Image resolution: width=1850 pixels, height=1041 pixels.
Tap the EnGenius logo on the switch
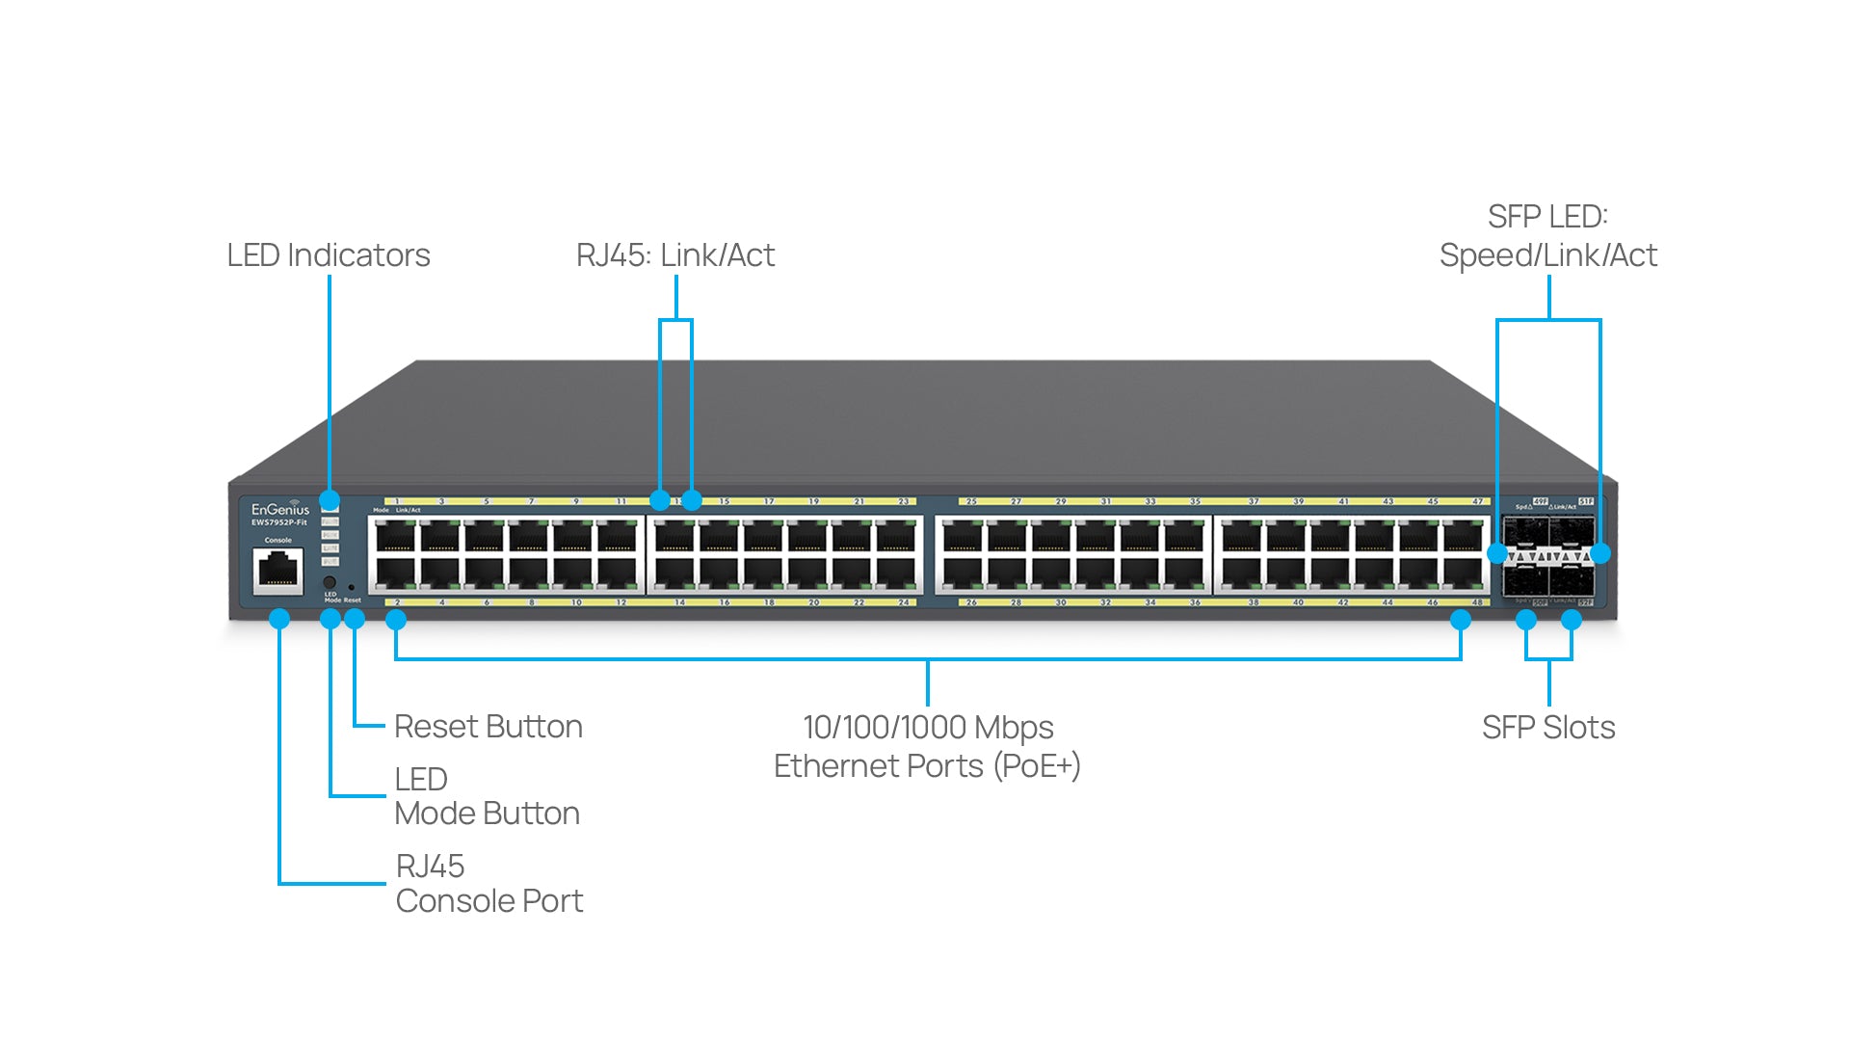pyautogui.click(x=280, y=509)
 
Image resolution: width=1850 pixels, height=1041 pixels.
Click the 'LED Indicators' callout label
pyautogui.click(x=328, y=255)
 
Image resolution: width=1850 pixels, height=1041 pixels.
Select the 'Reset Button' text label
pyautogui.click(x=488, y=727)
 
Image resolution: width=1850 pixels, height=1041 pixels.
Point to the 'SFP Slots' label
pyautogui.click(x=1547, y=728)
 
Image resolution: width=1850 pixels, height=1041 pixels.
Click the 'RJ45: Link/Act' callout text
pyautogui.click(x=674, y=255)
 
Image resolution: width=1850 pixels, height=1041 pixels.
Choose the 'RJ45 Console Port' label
pyautogui.click(x=489, y=884)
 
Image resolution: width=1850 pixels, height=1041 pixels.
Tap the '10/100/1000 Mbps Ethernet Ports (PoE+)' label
pyautogui.click(x=927, y=747)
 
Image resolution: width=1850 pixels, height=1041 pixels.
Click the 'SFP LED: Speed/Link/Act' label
pyautogui.click(x=1547, y=236)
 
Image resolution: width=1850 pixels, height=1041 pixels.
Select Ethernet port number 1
pyautogui.click(x=395, y=535)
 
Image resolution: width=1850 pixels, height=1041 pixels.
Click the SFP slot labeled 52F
pyautogui.click(x=1572, y=580)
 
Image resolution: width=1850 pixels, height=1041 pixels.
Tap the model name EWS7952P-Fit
pyautogui.click(x=279, y=523)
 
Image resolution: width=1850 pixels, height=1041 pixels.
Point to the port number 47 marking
pyautogui.click(x=1477, y=502)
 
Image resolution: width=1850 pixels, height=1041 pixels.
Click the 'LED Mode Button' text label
pyautogui.click(x=487, y=797)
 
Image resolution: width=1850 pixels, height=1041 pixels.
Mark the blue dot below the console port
pyautogui.click(x=279, y=619)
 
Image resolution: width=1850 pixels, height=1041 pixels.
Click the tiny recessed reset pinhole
pyautogui.click(x=351, y=587)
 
